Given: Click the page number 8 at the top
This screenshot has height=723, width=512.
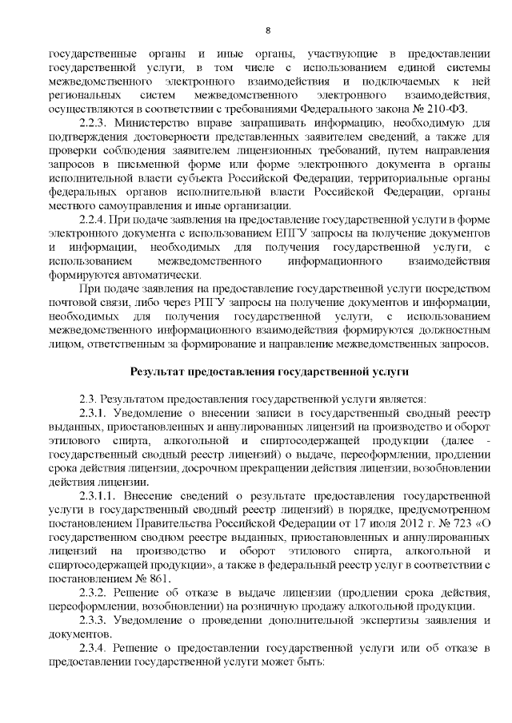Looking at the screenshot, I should [268, 30].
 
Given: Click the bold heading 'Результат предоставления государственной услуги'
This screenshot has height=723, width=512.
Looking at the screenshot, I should [270, 371].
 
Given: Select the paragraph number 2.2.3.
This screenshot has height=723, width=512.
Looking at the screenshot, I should [95, 123].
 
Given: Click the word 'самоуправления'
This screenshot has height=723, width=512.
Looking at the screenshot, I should [124, 205].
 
